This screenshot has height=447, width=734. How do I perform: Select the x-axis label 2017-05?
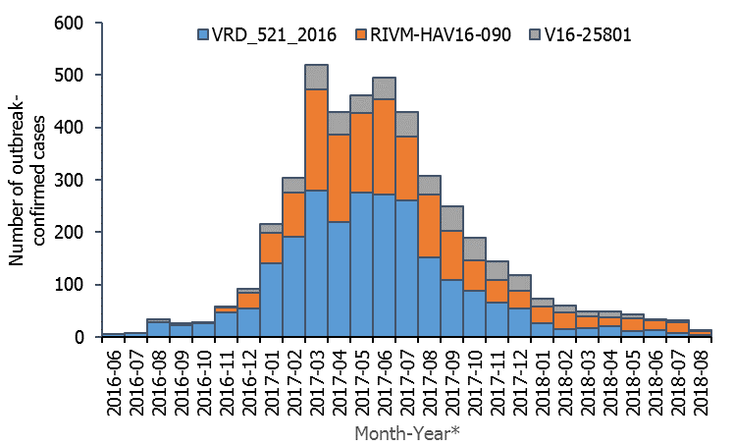point(363,372)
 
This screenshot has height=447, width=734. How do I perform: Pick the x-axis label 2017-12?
point(524,372)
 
